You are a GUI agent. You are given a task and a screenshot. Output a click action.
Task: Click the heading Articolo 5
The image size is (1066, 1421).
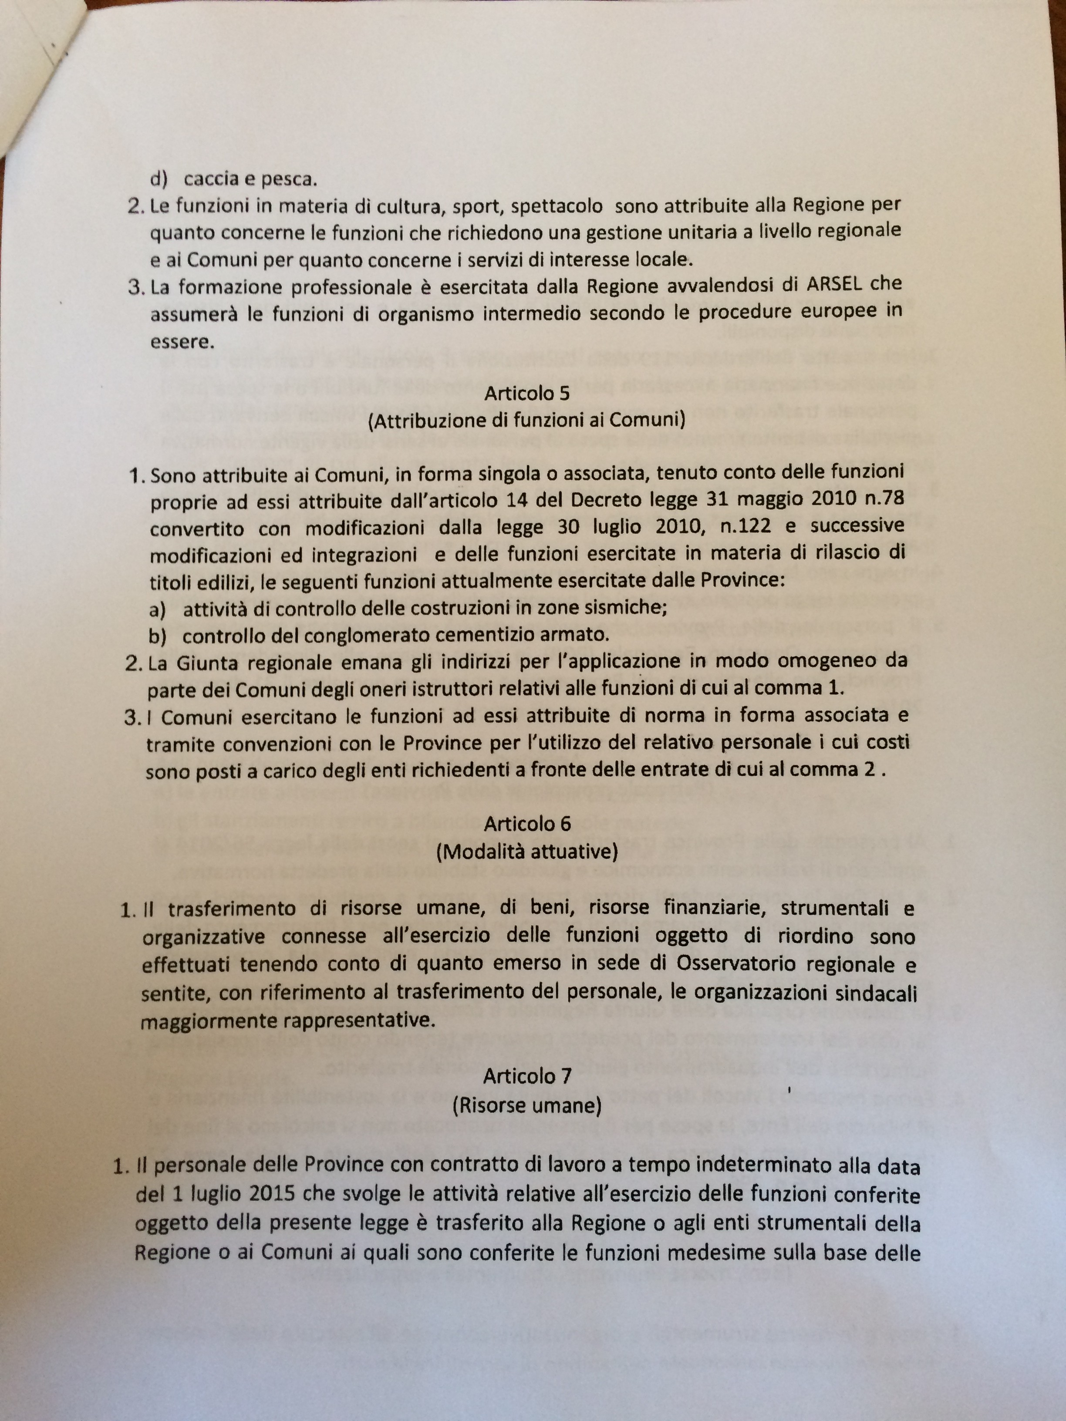[x=527, y=393]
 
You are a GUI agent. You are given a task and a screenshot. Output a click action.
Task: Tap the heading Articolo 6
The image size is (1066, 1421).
[x=527, y=824]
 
